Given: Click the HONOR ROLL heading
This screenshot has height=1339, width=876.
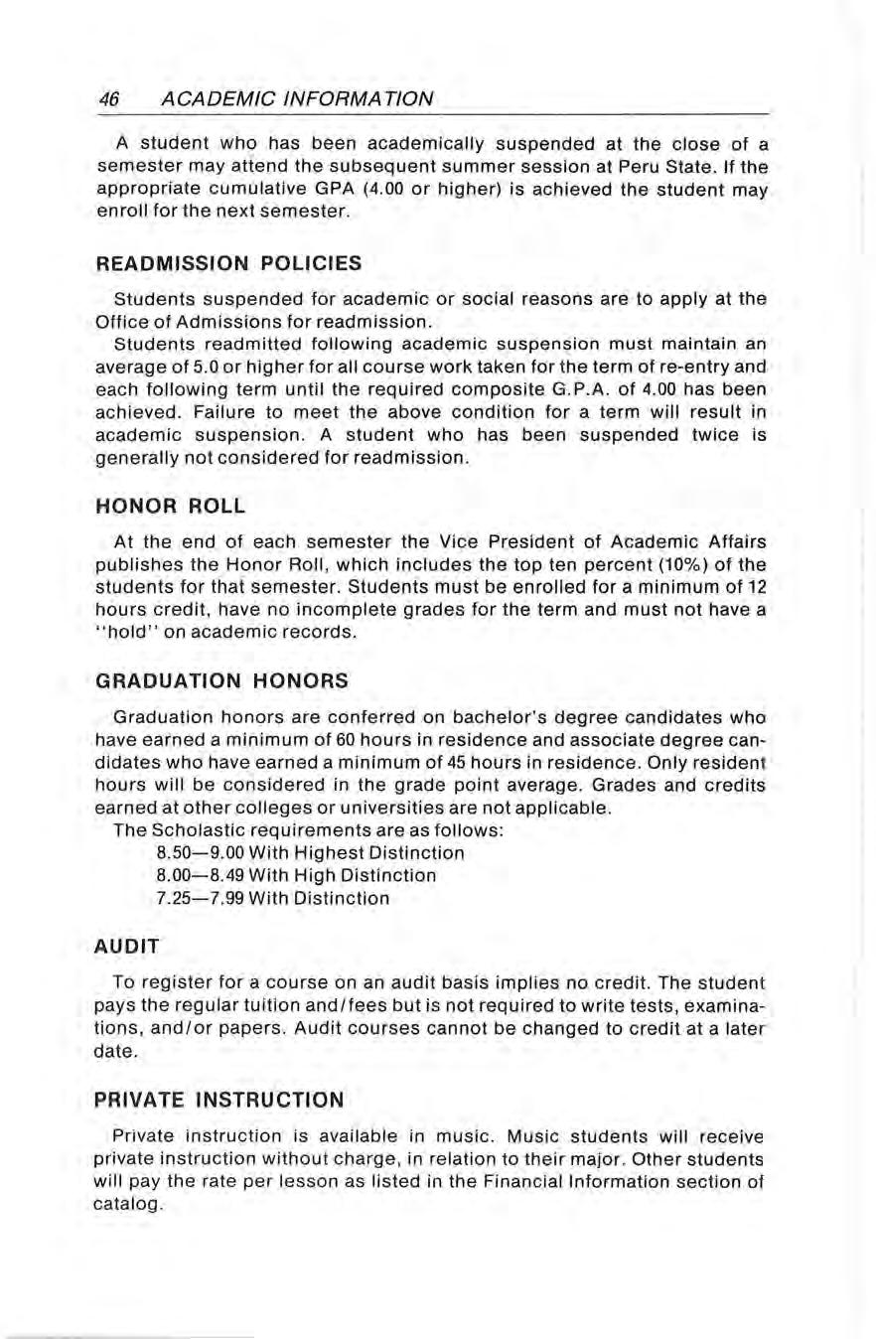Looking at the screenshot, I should (x=171, y=506).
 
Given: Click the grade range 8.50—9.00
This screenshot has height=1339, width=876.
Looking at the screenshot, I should (x=195, y=852).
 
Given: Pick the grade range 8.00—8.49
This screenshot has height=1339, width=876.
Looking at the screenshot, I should (x=195, y=876).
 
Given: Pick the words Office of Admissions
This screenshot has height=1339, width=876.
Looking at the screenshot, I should (x=211, y=322).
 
